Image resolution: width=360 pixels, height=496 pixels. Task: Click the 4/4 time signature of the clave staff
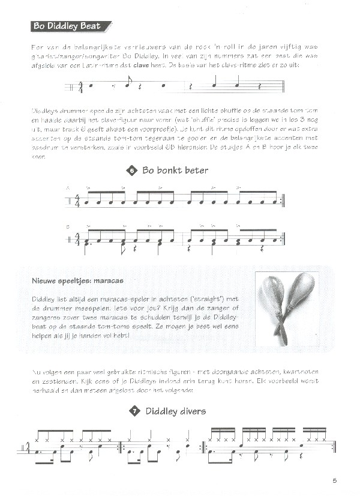(x=80, y=88)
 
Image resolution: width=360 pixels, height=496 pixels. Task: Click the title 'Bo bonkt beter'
(x=175, y=171)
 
